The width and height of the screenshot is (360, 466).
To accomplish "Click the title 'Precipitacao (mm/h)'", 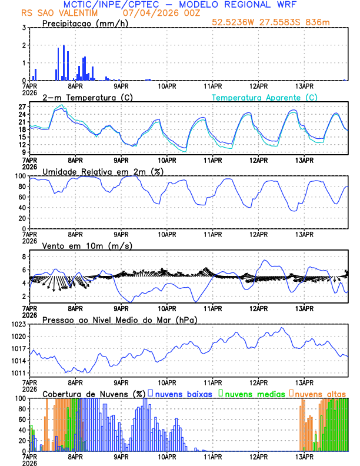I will [x=84, y=24].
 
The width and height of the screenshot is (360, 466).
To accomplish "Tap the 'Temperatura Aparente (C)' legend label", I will [x=264, y=97].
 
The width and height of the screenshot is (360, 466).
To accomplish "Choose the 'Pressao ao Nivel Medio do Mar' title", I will [x=119, y=319].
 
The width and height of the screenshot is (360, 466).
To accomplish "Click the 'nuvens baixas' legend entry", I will [x=182, y=394].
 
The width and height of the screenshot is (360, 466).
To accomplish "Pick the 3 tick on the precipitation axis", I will [x=24, y=28].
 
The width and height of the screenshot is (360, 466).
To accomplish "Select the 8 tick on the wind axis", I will [x=24, y=257].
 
